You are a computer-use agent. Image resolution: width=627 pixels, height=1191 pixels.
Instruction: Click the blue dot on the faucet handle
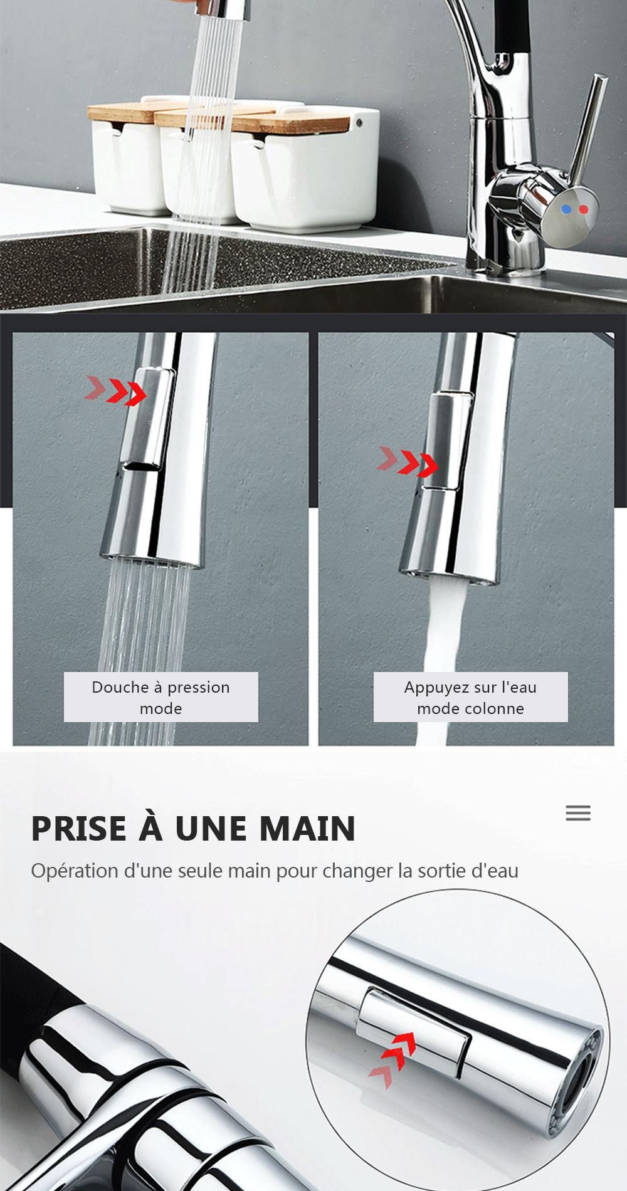click(566, 209)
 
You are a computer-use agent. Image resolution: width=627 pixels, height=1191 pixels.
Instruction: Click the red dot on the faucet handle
click(584, 209)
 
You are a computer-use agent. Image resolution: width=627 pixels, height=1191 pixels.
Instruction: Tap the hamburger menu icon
click(578, 813)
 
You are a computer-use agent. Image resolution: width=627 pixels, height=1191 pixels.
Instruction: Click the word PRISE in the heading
click(79, 829)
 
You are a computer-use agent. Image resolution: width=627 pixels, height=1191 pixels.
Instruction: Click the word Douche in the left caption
click(120, 688)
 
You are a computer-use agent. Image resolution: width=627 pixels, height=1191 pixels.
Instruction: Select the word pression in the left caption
click(199, 688)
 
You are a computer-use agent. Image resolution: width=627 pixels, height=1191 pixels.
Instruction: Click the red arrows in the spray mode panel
click(117, 391)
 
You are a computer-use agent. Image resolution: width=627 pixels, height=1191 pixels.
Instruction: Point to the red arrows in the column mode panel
click(408, 462)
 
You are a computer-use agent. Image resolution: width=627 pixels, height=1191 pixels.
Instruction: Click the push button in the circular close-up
click(414, 1028)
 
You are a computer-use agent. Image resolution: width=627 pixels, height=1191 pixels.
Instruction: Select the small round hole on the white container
click(360, 123)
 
